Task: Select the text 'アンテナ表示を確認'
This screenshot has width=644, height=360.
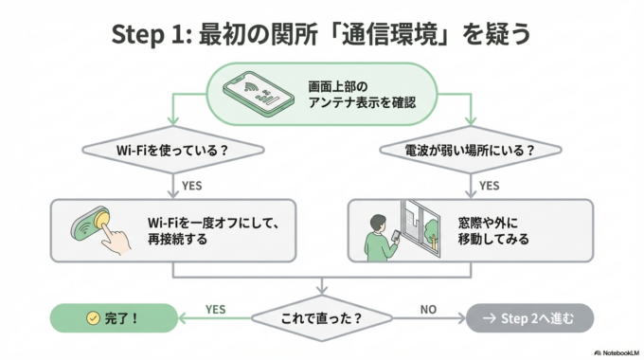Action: (x=360, y=102)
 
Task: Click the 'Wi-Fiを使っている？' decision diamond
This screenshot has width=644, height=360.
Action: (x=171, y=151)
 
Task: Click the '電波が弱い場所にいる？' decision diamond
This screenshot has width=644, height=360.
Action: (x=471, y=151)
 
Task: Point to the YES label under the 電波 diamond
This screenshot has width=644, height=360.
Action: (x=490, y=185)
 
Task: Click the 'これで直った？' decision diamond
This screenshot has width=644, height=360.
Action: (x=323, y=317)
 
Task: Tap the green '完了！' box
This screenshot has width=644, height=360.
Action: (x=114, y=317)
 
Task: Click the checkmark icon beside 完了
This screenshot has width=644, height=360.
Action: (x=93, y=317)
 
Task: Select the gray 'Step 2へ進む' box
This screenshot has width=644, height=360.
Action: (x=530, y=317)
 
